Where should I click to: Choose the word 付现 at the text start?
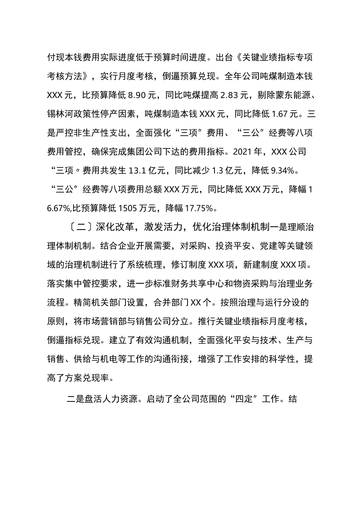(56, 58)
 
